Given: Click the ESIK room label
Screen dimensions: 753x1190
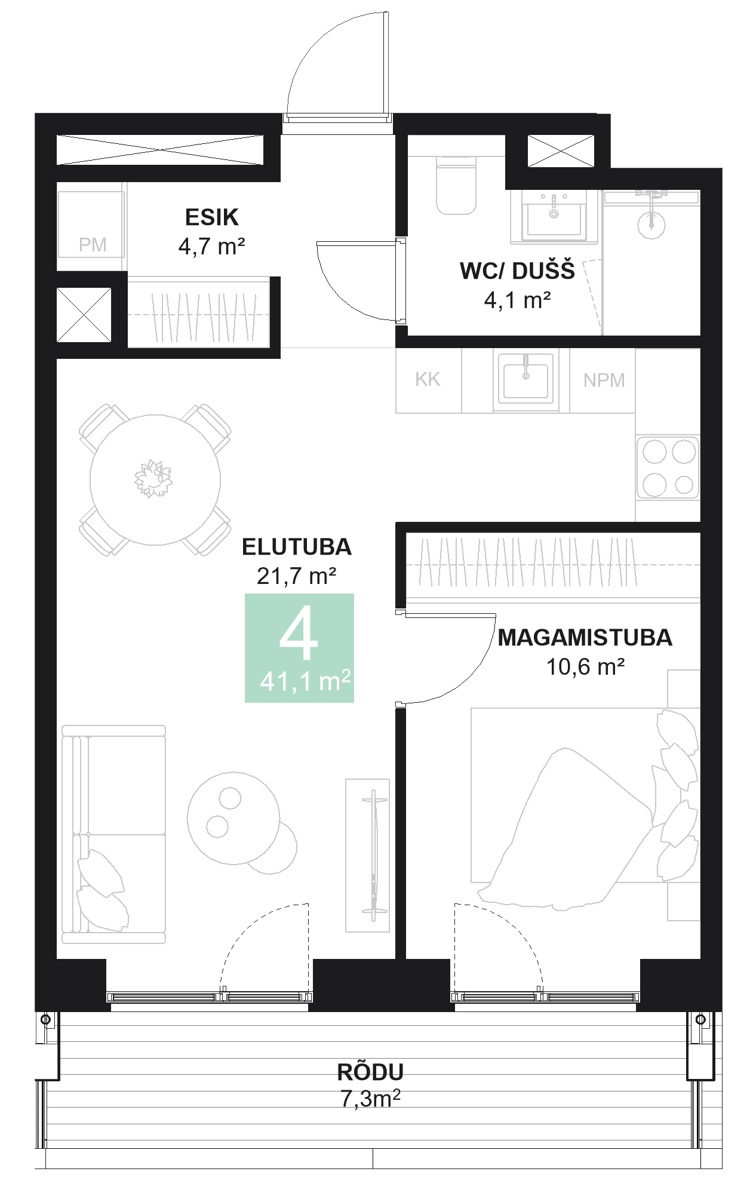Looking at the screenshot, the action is click(x=211, y=217).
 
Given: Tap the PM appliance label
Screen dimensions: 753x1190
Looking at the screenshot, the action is click(x=93, y=245).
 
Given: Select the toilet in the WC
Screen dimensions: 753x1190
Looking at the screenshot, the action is click(x=456, y=185).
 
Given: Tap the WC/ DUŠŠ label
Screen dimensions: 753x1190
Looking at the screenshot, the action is click(x=517, y=271).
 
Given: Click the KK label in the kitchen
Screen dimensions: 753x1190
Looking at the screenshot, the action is click(x=428, y=379).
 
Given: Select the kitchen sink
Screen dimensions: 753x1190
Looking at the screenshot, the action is click(x=526, y=381).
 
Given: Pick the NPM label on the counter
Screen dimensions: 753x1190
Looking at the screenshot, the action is click(x=604, y=380).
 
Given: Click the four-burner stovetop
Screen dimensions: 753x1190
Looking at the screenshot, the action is click(x=668, y=468).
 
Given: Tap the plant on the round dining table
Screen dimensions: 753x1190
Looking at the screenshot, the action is click(x=153, y=479).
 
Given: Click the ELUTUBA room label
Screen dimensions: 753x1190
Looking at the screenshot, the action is click(x=297, y=547).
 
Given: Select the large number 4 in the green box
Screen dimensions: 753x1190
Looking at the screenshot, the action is click(x=299, y=634).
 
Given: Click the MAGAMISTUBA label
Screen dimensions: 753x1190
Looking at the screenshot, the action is click(x=585, y=638).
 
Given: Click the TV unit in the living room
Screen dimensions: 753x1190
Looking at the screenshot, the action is click(x=367, y=855).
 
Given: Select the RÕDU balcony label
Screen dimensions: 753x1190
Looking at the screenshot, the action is click(x=370, y=1072).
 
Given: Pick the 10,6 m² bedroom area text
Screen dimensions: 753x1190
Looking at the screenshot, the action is click(x=585, y=667).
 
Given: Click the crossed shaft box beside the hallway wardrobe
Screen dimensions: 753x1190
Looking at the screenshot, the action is click(x=84, y=315).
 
